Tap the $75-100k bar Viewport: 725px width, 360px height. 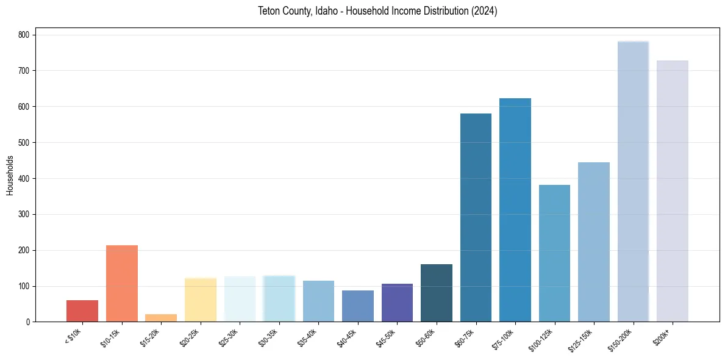point(515,210)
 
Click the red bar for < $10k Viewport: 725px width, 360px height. point(82,311)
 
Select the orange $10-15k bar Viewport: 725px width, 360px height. point(122,284)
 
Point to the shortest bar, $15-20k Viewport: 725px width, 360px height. point(161,318)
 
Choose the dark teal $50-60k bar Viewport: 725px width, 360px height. point(437,293)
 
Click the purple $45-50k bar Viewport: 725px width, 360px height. point(397,303)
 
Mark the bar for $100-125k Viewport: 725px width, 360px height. point(554,253)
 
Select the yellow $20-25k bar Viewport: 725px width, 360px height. point(201,300)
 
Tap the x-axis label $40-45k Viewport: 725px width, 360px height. point(346,337)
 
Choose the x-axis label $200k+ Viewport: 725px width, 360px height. point(661,336)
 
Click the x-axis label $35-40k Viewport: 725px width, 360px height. point(307,337)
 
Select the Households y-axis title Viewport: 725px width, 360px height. point(10,175)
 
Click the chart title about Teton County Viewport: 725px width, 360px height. point(377,11)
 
